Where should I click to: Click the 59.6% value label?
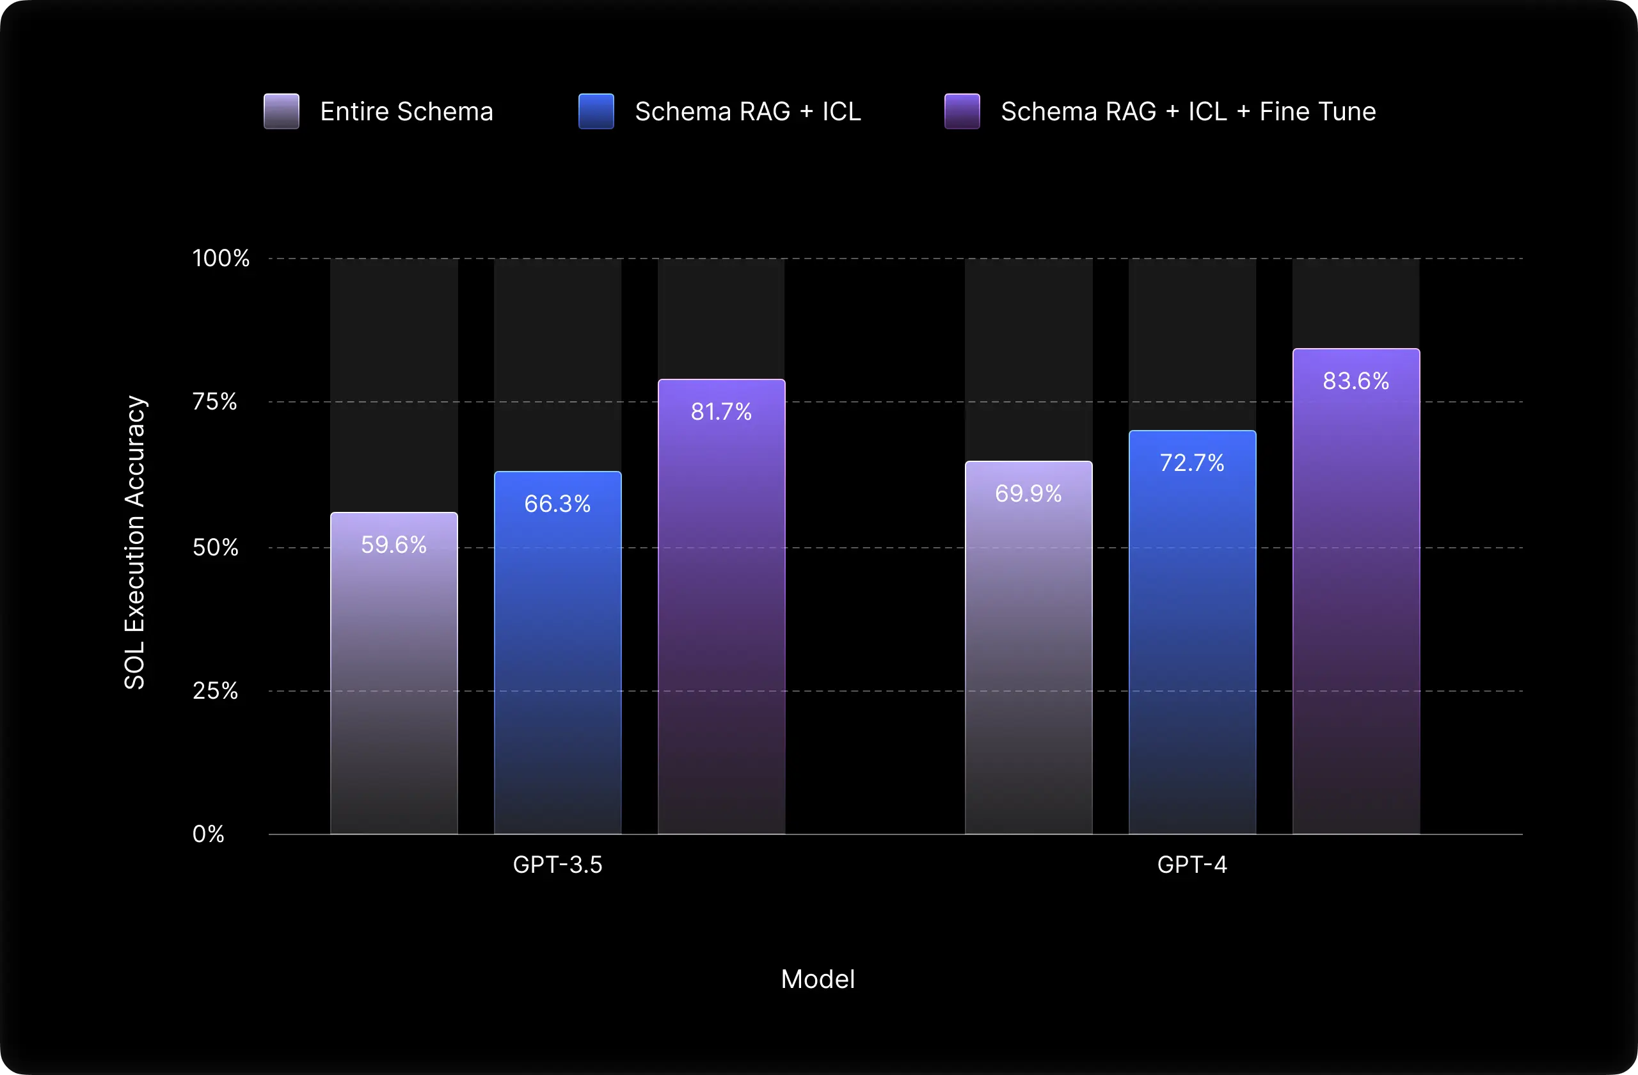coord(394,545)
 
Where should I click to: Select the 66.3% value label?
coord(557,504)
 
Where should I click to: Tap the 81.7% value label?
coord(721,411)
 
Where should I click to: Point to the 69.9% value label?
coord(1028,493)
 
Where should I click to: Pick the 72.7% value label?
coord(1192,463)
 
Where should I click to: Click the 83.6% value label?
coord(1356,381)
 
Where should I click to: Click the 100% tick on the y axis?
coord(221,258)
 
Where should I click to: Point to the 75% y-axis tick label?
coord(215,401)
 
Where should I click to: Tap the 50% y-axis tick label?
coord(216,547)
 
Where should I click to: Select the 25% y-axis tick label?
coord(216,690)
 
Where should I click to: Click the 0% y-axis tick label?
coord(209,834)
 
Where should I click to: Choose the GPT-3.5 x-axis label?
coord(557,864)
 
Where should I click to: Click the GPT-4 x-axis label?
coord(1192,864)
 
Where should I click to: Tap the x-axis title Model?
coord(818,978)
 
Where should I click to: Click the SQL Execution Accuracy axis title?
coord(135,543)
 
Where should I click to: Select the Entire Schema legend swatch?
coord(282,111)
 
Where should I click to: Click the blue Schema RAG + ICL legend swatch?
coord(596,111)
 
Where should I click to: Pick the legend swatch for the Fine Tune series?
coord(962,111)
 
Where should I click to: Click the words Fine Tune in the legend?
coord(1317,111)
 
